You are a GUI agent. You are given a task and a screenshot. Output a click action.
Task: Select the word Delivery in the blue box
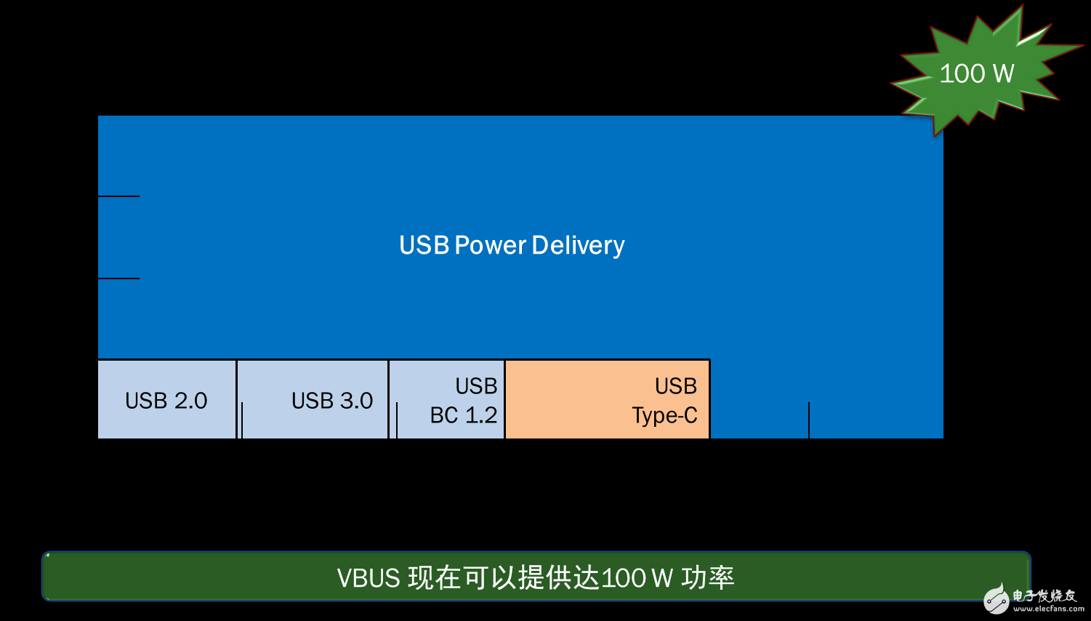click(x=578, y=246)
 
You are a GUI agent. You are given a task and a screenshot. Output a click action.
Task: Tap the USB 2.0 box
click(x=166, y=400)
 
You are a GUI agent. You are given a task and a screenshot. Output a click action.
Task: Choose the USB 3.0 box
click(x=313, y=400)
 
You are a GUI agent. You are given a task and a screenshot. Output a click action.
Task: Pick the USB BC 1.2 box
click(x=447, y=400)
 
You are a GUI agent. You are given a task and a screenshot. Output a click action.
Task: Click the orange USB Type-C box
click(x=607, y=400)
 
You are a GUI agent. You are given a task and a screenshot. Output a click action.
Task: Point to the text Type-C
click(x=664, y=415)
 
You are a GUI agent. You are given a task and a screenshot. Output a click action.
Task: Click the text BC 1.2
click(x=464, y=415)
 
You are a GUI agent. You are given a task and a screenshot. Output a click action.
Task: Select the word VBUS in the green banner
click(x=369, y=578)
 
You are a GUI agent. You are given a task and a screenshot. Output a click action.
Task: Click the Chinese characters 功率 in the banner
click(x=707, y=578)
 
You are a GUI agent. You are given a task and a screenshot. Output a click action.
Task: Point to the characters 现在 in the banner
click(x=435, y=578)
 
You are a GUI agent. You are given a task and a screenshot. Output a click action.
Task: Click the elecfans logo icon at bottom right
click(x=997, y=598)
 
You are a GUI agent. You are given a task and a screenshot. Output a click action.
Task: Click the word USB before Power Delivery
click(x=424, y=245)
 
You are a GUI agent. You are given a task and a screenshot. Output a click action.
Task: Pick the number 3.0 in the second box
click(x=356, y=401)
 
